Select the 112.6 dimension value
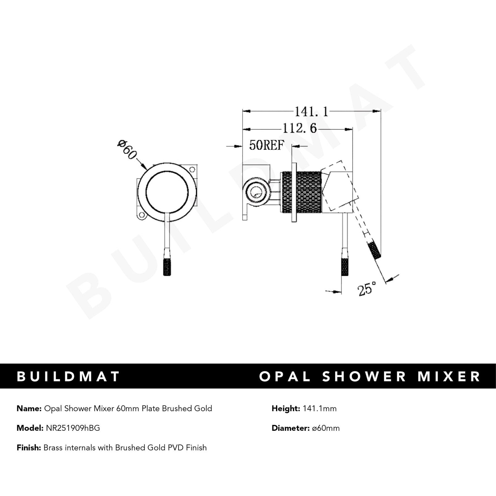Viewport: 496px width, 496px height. pos(299,129)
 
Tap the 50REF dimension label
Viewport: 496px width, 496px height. pos(266,146)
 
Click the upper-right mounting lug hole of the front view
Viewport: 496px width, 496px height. pos(193,170)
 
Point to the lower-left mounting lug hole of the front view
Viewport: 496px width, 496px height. pos(141,216)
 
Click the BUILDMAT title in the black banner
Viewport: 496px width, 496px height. pos(68,376)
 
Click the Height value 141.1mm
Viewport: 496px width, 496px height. pos(319,408)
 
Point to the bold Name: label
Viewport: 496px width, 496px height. pos(28,408)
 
